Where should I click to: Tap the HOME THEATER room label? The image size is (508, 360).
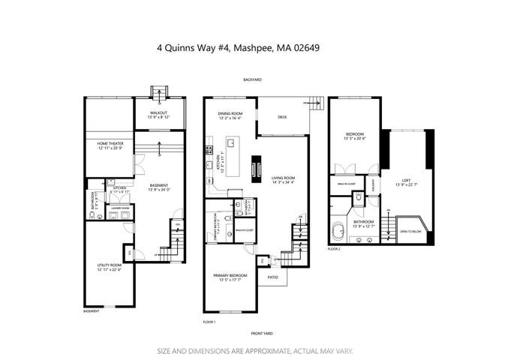pyautogui.click(x=110, y=142)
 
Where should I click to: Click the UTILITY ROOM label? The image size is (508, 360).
pyautogui.click(x=110, y=266)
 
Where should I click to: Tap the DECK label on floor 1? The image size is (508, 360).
pyautogui.click(x=282, y=117)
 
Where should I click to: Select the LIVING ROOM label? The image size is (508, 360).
pyautogui.click(x=283, y=177)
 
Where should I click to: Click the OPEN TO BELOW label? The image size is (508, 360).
pyautogui.click(x=412, y=232)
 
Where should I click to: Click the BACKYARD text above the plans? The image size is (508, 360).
pyautogui.click(x=251, y=79)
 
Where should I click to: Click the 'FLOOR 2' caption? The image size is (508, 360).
pyautogui.click(x=335, y=247)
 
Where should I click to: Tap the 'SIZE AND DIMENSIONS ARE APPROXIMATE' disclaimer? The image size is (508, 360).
pyautogui.click(x=254, y=350)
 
